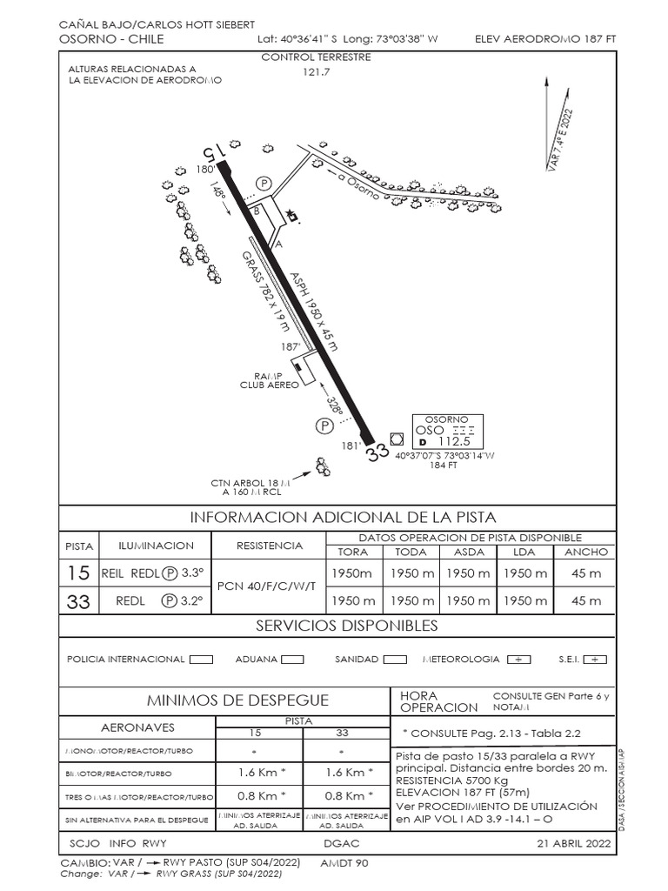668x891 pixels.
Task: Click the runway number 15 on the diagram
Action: (215, 151)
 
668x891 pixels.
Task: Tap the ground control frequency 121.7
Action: (317, 72)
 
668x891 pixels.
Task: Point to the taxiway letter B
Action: (256, 210)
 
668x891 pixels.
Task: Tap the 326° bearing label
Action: (334, 405)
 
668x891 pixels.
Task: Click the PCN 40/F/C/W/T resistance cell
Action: (270, 586)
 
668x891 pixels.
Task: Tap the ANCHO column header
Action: (586, 552)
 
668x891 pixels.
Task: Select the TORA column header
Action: (353, 552)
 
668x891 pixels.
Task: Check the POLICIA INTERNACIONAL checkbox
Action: (201, 660)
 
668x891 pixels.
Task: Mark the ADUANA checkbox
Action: (292, 660)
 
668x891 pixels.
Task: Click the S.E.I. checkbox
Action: (595, 660)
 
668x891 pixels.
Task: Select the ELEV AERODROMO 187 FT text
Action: (545, 39)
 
